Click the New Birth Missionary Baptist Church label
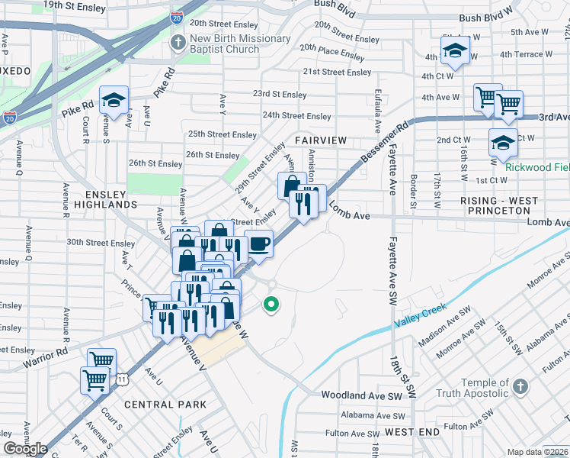click(x=240, y=44)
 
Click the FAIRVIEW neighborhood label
click(x=321, y=140)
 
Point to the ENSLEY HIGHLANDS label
click(x=101, y=199)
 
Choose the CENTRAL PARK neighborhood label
click(x=165, y=404)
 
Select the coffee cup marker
click(x=259, y=244)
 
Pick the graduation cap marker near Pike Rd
click(x=114, y=100)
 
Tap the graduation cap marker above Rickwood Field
click(x=503, y=143)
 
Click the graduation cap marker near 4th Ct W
click(x=455, y=50)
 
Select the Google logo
click(x=25, y=449)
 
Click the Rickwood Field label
click(x=537, y=166)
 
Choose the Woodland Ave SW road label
click(x=361, y=397)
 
